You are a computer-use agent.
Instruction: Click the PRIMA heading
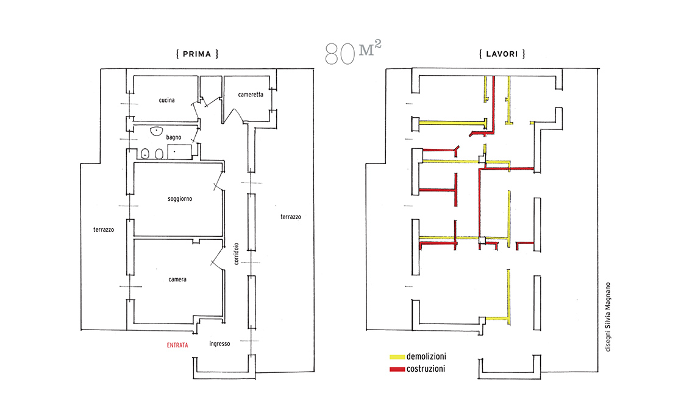point(197,54)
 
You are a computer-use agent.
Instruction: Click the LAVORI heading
point(502,54)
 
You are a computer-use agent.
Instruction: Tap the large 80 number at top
point(340,54)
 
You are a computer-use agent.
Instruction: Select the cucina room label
point(166,100)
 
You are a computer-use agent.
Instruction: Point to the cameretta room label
point(251,95)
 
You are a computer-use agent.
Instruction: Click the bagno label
point(174,137)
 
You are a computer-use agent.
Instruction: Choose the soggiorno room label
point(180,199)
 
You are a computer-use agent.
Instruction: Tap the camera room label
point(177,280)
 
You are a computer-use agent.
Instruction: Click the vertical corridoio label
point(237,254)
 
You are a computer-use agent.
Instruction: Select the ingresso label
point(219,344)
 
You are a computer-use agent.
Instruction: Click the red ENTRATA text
point(177,345)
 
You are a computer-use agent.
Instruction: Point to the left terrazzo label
point(103,230)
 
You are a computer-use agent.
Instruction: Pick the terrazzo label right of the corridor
point(291,217)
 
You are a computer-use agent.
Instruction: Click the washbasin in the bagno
point(157,131)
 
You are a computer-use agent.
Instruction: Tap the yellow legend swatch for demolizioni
point(397,357)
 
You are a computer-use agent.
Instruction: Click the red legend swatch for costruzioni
point(397,369)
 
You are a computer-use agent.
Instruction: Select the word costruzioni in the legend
point(426,369)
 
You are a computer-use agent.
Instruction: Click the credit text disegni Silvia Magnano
point(608,317)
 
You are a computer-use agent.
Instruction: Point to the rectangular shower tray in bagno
point(179,152)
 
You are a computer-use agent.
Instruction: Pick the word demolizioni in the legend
point(426,356)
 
